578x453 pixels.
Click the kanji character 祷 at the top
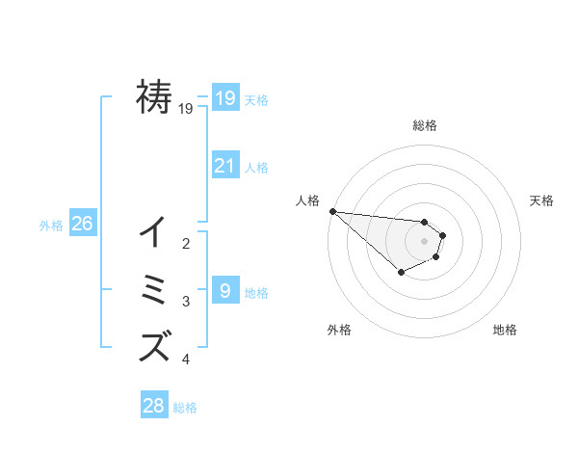coord(154,96)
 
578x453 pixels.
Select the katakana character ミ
coord(154,289)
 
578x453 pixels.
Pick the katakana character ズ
coord(154,344)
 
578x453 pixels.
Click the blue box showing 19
coord(224,97)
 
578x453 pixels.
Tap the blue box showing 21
coord(224,165)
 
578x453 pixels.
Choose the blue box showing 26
coord(82,224)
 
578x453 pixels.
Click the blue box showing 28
coord(153,406)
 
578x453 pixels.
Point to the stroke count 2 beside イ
coord(186,244)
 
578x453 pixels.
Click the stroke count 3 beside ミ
coord(186,302)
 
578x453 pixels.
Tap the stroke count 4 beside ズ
coord(186,360)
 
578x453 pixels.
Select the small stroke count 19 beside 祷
coord(186,109)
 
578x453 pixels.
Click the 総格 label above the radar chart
coord(424,125)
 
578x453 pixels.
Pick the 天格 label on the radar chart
coord(541,200)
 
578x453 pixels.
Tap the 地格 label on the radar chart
coord(505,330)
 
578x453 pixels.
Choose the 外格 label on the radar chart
coord(339,330)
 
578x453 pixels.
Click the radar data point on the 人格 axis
coord(332,211)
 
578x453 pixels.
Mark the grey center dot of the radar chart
coord(424,240)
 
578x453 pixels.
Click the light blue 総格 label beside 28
coord(185,408)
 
